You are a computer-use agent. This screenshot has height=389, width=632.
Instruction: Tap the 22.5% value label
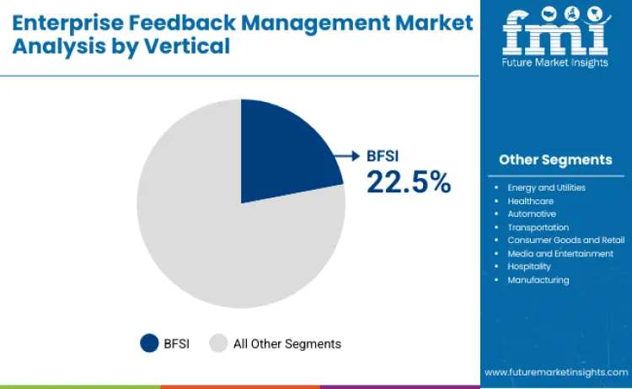point(408,181)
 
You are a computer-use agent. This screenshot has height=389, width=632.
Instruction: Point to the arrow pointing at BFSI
point(346,155)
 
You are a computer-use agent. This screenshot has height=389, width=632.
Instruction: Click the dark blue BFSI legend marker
point(149,343)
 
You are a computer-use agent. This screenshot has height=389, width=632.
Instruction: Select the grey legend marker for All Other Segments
point(218,343)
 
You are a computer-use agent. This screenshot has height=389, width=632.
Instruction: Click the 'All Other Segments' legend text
point(287,343)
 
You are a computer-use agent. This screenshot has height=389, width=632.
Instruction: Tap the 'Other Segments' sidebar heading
point(555,159)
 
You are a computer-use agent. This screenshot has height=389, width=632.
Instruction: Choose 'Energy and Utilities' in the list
point(546,187)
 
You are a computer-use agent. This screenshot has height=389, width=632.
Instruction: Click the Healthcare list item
point(531,201)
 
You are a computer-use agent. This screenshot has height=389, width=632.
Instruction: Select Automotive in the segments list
point(532,213)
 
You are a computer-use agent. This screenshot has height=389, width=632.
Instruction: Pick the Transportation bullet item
point(538,227)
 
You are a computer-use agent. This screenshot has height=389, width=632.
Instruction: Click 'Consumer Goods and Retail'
point(565,240)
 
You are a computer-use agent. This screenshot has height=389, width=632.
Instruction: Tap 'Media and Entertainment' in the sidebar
point(560,253)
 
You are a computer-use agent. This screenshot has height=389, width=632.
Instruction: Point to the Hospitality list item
point(529,266)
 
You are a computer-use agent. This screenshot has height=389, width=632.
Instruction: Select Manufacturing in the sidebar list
point(538,279)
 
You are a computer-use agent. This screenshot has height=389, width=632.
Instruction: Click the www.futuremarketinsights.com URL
point(555,372)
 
